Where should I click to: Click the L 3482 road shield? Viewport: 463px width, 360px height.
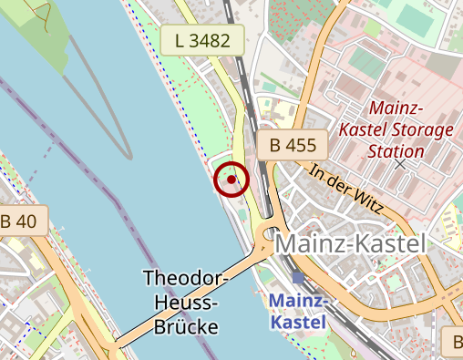click(203, 39)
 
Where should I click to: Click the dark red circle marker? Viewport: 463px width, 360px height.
click(231, 180)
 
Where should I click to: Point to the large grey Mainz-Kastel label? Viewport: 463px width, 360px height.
click(350, 244)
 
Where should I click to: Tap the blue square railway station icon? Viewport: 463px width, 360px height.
click(298, 277)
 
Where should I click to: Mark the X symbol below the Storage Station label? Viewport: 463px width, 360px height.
click(399, 165)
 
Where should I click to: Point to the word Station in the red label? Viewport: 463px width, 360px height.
click(396, 151)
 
